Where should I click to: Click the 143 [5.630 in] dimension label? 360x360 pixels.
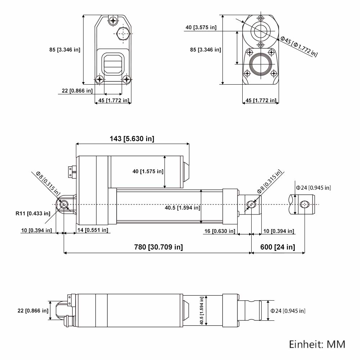132,139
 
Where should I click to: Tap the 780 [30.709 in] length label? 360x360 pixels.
158,247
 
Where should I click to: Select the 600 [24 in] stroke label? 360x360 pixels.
278,247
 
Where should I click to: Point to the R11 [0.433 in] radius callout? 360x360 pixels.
33,213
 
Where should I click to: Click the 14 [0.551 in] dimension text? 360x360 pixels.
93,230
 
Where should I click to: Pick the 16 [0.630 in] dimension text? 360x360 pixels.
220,231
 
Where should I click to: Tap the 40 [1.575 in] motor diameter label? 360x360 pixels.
148,171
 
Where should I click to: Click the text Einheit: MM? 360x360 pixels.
317,345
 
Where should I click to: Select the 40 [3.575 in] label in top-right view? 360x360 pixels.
201,28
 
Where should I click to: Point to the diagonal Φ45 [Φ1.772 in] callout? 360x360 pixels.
299,46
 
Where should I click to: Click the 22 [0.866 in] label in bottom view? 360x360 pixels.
33,311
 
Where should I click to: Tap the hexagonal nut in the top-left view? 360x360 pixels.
122,33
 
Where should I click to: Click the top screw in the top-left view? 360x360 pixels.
113,21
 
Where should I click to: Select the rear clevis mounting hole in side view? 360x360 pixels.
64,204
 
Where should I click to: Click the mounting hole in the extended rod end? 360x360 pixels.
305,204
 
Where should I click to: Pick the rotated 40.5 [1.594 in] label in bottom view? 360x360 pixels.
202,310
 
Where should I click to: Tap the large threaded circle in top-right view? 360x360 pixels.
261,64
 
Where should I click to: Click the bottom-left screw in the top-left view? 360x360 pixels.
100,80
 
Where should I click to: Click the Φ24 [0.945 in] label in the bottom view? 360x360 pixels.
288,311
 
